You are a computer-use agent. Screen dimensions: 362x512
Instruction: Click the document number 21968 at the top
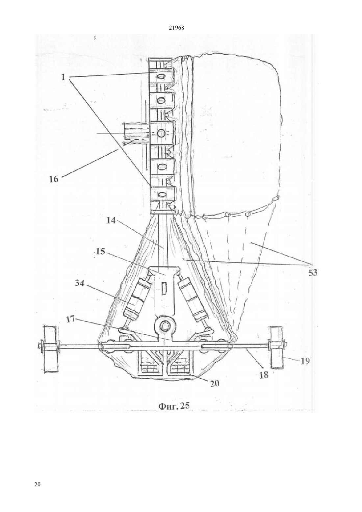click(x=177, y=28)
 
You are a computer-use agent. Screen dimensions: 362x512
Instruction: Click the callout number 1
click(x=63, y=77)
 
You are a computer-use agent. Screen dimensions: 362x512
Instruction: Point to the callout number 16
click(x=54, y=179)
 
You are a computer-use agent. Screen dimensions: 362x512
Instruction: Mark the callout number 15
click(x=100, y=252)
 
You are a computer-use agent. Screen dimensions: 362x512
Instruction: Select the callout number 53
click(x=313, y=272)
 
